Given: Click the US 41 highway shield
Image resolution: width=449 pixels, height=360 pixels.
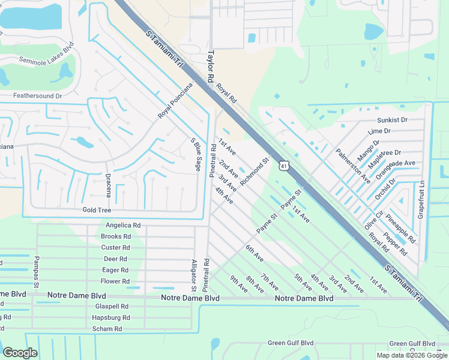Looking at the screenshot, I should pyautogui.click(x=284, y=164).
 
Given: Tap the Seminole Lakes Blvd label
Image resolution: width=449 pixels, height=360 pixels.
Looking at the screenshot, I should pyautogui.click(x=46, y=53).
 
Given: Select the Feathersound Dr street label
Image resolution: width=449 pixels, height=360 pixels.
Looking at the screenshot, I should pyautogui.click(x=38, y=95).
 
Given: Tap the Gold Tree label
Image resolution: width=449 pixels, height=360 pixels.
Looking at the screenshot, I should pyautogui.click(x=97, y=210).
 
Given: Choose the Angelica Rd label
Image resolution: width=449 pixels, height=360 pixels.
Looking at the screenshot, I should pyautogui.click(x=123, y=226).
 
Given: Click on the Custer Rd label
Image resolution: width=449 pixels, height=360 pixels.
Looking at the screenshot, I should pyautogui.click(x=116, y=247).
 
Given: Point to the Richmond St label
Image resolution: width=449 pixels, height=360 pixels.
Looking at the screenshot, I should pyautogui.click(x=254, y=172).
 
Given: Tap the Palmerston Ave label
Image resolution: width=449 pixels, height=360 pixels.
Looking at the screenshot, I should pyautogui.click(x=353, y=166).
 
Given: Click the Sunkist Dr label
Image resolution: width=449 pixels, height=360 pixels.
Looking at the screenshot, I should pyautogui.click(x=392, y=120).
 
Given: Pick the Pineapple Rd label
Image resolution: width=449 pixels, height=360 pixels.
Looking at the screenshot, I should pyautogui.click(x=400, y=227).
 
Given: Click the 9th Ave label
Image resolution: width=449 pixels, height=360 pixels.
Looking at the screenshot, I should pyautogui.click(x=239, y=284).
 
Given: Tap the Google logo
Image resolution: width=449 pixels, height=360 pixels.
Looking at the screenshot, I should pyautogui.click(x=20, y=353).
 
